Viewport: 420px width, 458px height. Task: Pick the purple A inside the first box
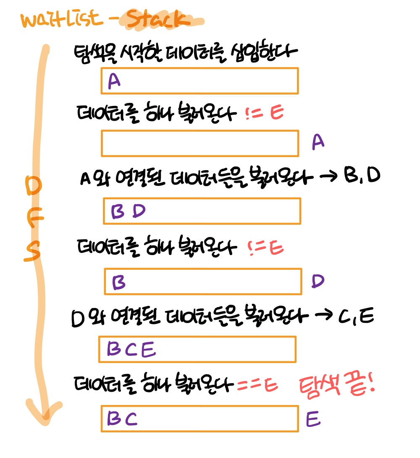click(x=114, y=81)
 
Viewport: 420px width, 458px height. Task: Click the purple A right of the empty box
click(x=318, y=143)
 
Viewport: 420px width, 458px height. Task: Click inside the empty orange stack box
click(x=199, y=143)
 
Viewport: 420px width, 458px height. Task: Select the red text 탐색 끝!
click(x=336, y=386)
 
